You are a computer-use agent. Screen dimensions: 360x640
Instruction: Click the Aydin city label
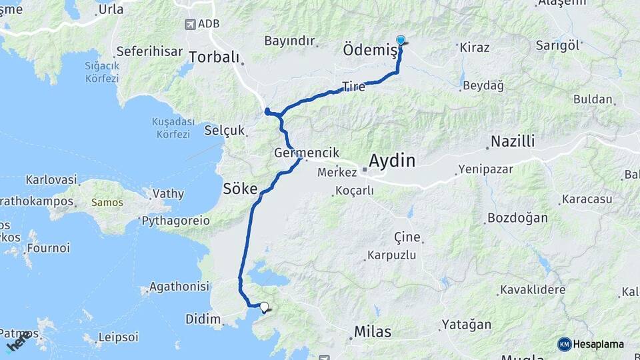coord(392,161)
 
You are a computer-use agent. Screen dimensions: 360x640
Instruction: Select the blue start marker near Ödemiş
coord(401,41)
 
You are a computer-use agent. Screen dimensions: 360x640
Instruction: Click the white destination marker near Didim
coord(265,307)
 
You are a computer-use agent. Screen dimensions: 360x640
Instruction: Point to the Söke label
coord(240,189)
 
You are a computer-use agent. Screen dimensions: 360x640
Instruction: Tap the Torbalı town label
coord(213,57)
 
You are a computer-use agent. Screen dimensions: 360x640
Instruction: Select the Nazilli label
coord(513,141)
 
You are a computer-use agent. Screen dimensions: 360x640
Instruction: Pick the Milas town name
coord(373,331)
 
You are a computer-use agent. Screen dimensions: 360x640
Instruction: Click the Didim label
coord(203,320)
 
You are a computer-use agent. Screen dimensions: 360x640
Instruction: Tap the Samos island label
coord(125,201)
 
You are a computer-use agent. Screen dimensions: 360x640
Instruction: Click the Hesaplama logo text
coord(598,344)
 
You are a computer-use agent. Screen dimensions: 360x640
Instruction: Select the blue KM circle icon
coord(564,344)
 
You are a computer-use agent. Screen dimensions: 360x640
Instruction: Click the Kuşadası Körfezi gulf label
coord(172,128)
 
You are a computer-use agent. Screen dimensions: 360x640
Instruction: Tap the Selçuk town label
coord(225,130)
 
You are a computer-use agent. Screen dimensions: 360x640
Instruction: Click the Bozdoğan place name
coord(517,218)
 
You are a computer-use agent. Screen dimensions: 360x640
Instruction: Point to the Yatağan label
coord(466,325)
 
